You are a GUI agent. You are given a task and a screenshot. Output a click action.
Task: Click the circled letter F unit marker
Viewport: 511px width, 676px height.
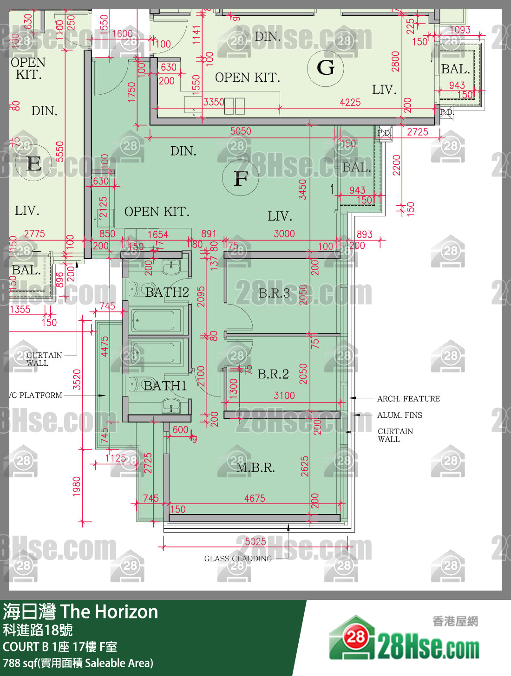click(x=241, y=178)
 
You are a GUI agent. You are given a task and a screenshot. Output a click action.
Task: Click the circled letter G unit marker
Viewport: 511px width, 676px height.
click(x=326, y=68)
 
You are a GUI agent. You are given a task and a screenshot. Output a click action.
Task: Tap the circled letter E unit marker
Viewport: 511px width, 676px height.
click(x=34, y=164)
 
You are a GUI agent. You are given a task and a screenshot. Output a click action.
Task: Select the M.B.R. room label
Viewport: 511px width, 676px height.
click(x=255, y=468)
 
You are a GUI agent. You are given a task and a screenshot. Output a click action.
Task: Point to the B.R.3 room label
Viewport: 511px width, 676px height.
click(x=274, y=293)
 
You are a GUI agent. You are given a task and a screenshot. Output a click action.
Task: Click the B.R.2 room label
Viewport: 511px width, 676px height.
click(x=273, y=374)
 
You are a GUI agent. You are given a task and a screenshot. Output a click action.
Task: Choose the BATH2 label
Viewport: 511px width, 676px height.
click(x=167, y=292)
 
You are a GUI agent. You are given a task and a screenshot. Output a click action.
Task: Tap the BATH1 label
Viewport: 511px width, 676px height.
click(x=165, y=385)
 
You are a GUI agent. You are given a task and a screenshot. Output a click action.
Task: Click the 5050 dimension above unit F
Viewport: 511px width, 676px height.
click(x=241, y=131)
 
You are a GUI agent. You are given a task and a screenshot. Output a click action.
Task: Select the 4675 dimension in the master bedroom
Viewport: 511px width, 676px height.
click(x=255, y=498)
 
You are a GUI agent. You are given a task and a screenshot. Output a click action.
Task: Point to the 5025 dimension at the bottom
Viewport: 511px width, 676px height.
click(x=255, y=541)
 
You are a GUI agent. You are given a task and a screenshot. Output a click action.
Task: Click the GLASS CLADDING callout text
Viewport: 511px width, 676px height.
click(x=238, y=559)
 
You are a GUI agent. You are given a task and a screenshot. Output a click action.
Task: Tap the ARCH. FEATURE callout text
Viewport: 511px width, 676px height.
click(x=408, y=398)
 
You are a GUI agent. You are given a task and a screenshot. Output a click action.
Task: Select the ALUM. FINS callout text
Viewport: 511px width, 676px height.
click(x=400, y=415)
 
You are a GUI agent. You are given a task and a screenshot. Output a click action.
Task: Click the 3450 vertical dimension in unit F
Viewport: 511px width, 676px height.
click(x=302, y=189)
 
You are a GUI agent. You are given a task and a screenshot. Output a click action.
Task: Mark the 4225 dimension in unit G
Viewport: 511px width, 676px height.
click(x=350, y=102)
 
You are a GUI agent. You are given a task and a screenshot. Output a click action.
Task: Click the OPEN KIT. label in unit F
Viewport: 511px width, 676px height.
click(x=157, y=212)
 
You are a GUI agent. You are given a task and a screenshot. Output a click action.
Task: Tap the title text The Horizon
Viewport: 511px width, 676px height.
click(x=109, y=612)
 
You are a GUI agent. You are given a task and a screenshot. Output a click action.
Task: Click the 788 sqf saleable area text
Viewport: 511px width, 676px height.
click(x=78, y=663)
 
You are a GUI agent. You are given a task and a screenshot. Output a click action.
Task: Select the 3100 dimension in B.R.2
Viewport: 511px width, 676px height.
click(x=284, y=395)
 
